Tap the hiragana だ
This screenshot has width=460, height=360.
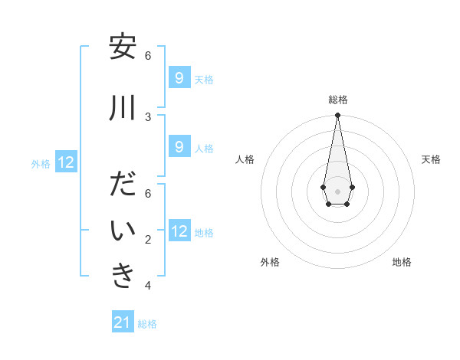123,185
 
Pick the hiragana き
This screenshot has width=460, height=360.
123,277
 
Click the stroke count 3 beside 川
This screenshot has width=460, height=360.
148,116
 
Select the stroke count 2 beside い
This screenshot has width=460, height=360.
148,240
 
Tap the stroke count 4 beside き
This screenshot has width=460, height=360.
148,286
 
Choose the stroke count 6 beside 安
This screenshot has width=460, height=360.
148,55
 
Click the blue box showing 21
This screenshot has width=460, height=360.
123,322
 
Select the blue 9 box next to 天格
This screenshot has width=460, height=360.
179,77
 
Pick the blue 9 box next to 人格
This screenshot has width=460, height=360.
179,146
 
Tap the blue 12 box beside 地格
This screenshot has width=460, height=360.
179,231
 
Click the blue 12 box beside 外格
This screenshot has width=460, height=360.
66,162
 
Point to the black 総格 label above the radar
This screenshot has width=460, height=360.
338,100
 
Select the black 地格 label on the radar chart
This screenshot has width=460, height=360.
402,262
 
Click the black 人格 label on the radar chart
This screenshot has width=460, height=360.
245,159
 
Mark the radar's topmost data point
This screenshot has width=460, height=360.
337,116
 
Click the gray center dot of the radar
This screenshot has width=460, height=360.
337,190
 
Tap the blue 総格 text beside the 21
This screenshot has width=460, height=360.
147,324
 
